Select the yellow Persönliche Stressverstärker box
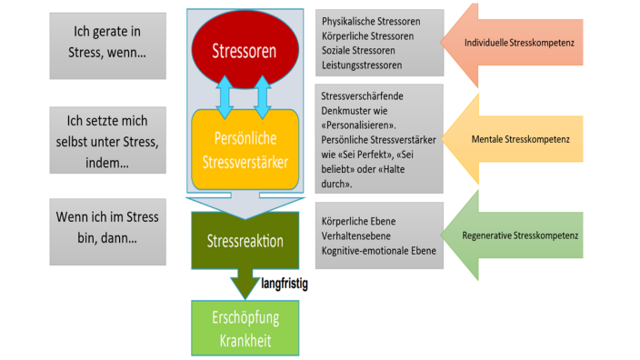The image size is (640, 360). click(x=244, y=149)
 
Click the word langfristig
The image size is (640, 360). click(x=285, y=284)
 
